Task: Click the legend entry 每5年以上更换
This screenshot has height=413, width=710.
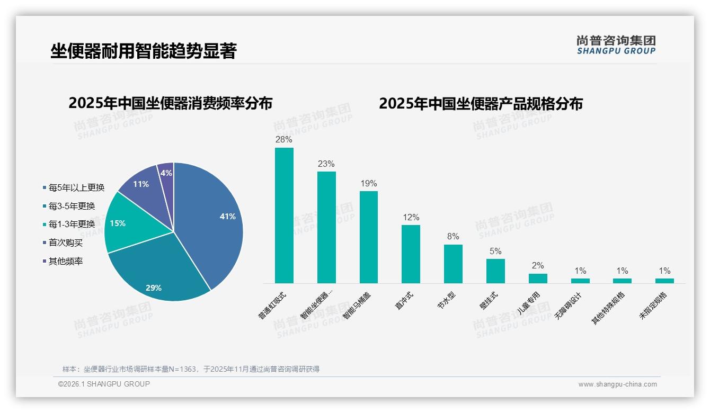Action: coord(74,187)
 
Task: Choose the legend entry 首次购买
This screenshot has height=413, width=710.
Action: coord(63,243)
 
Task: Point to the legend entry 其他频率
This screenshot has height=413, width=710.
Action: coord(63,262)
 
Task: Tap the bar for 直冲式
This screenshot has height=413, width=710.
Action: coord(411,254)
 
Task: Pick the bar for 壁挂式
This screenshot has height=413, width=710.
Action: coord(495,271)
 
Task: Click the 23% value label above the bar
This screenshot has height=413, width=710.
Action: coord(326,164)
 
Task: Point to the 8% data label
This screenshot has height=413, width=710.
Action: coord(453,237)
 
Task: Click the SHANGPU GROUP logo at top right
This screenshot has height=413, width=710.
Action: coord(616,45)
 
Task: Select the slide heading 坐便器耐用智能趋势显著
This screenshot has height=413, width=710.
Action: coord(143,51)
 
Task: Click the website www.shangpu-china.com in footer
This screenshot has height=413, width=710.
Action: coord(617,384)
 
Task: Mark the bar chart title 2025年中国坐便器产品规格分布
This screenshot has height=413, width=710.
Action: coord(481,104)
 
